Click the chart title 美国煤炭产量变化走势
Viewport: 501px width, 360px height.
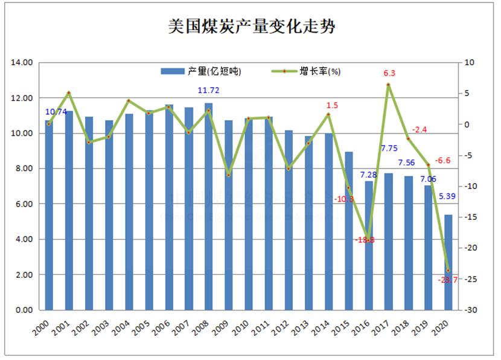[250, 27]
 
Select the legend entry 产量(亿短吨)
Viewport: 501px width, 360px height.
[201, 71]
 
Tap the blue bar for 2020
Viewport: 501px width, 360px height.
[448, 262]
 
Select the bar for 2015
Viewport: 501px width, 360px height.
[348, 231]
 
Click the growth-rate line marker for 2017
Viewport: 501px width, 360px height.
[388, 85]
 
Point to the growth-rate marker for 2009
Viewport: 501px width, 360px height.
[229, 175]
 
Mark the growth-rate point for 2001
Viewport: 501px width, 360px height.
[69, 93]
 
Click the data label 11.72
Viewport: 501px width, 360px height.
[210, 91]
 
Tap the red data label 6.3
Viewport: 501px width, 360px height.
[389, 73]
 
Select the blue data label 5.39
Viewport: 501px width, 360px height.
[447, 196]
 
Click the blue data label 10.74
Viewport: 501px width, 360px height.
[55, 112]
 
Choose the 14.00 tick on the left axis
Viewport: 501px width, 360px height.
[22, 62]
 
